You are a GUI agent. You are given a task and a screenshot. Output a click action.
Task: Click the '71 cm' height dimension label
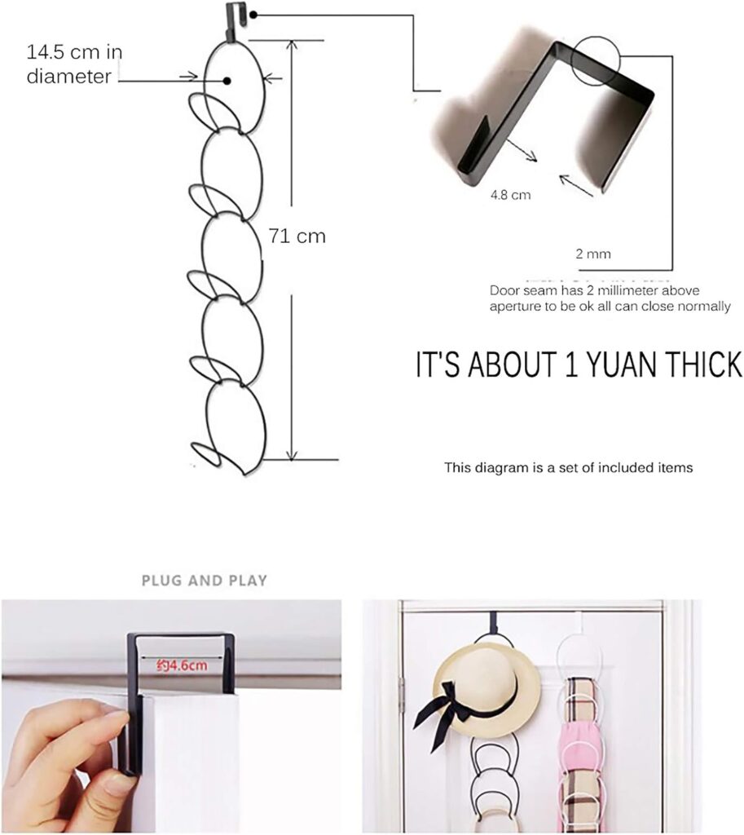pyautogui.click(x=297, y=236)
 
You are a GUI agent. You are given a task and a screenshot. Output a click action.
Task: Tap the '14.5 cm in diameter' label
pyautogui.click(x=74, y=64)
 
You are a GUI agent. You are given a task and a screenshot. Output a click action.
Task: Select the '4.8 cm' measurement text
pyautogui.click(x=510, y=195)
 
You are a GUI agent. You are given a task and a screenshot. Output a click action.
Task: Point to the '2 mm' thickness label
pyautogui.click(x=593, y=254)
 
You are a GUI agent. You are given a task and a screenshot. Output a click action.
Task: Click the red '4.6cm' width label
pyautogui.click(x=182, y=665)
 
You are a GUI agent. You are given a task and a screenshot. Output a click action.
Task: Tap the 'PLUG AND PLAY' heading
pyautogui.click(x=205, y=580)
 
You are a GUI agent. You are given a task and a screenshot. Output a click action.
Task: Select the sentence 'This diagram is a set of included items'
pyautogui.click(x=568, y=467)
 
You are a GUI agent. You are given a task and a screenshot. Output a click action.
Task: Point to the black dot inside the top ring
pyautogui.click(x=227, y=81)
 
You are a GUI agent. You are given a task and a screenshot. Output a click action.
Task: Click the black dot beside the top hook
pyautogui.click(x=253, y=15)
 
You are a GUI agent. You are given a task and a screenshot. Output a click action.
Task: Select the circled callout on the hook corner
pyautogui.click(x=597, y=61)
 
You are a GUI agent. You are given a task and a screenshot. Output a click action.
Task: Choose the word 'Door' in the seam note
pyautogui.click(x=502, y=291)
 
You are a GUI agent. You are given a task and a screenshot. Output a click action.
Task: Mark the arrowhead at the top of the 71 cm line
pyautogui.click(x=291, y=45)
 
